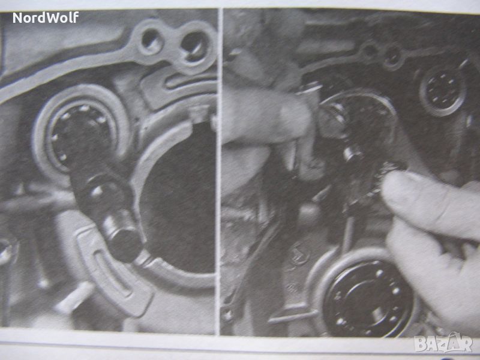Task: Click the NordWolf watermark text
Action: click(x=46, y=17)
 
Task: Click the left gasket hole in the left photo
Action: click(x=152, y=40)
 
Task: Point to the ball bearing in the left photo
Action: click(x=80, y=134)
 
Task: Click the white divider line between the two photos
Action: click(x=219, y=172)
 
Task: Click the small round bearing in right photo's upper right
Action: click(x=442, y=91)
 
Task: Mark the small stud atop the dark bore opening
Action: click(x=199, y=114)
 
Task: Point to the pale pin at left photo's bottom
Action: click(x=73, y=295)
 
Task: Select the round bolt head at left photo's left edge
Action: click(x=5, y=251)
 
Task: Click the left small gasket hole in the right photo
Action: click(x=370, y=50)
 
